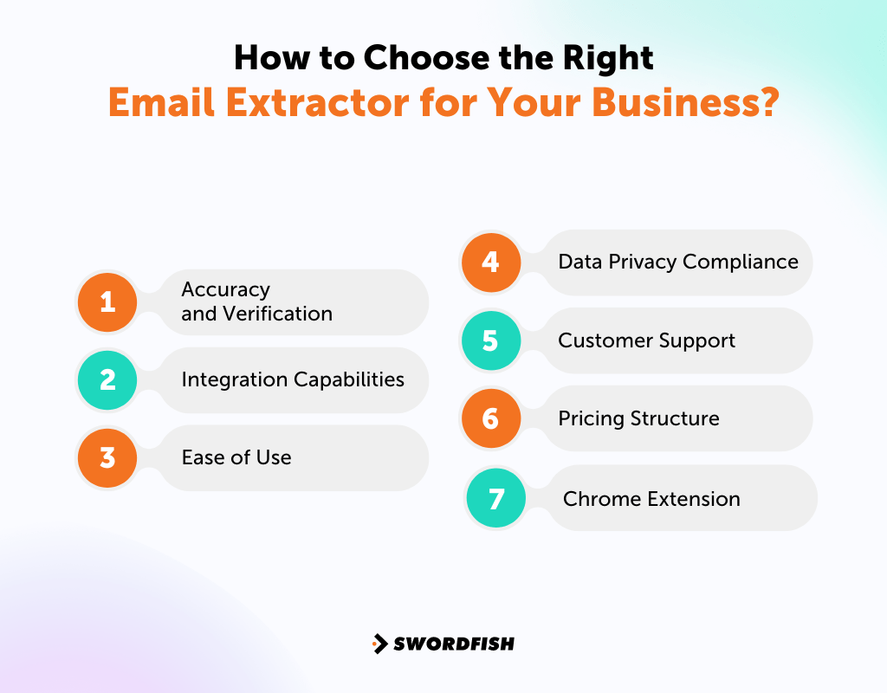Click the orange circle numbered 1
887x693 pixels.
click(x=107, y=301)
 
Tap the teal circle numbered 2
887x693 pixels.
click(x=107, y=379)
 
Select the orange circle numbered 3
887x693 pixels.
click(x=107, y=457)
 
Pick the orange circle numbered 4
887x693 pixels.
click(x=490, y=262)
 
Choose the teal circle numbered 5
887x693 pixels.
click(x=490, y=340)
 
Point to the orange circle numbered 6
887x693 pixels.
click(x=490, y=418)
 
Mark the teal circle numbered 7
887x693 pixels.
click(x=496, y=499)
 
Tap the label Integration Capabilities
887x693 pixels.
click(x=293, y=379)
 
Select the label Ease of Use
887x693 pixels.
click(x=236, y=457)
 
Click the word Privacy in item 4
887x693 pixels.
click(x=642, y=262)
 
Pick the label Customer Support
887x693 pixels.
click(x=646, y=340)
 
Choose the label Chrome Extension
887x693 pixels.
click(x=651, y=499)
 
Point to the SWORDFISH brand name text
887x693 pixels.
click(x=454, y=644)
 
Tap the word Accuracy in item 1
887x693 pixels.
click(x=225, y=289)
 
